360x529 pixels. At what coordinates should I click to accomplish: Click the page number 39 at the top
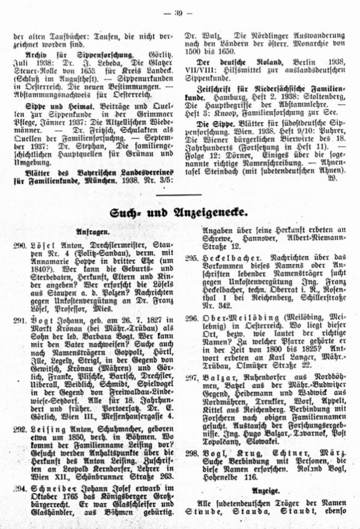[x=180, y=11]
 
